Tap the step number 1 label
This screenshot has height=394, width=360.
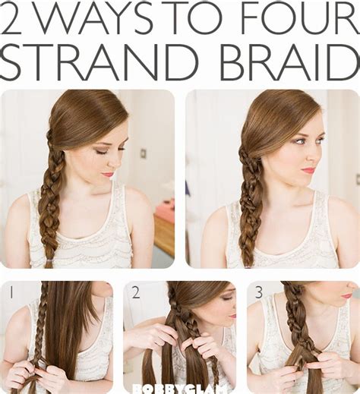pyautogui.click(x=11, y=292)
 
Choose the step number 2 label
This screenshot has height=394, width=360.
pyautogui.click(x=134, y=292)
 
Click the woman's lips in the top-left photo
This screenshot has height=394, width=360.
pyautogui.click(x=109, y=175)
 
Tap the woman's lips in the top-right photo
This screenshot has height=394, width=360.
pyautogui.click(x=308, y=170)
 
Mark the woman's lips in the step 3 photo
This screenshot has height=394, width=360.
pyautogui.click(x=346, y=296)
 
